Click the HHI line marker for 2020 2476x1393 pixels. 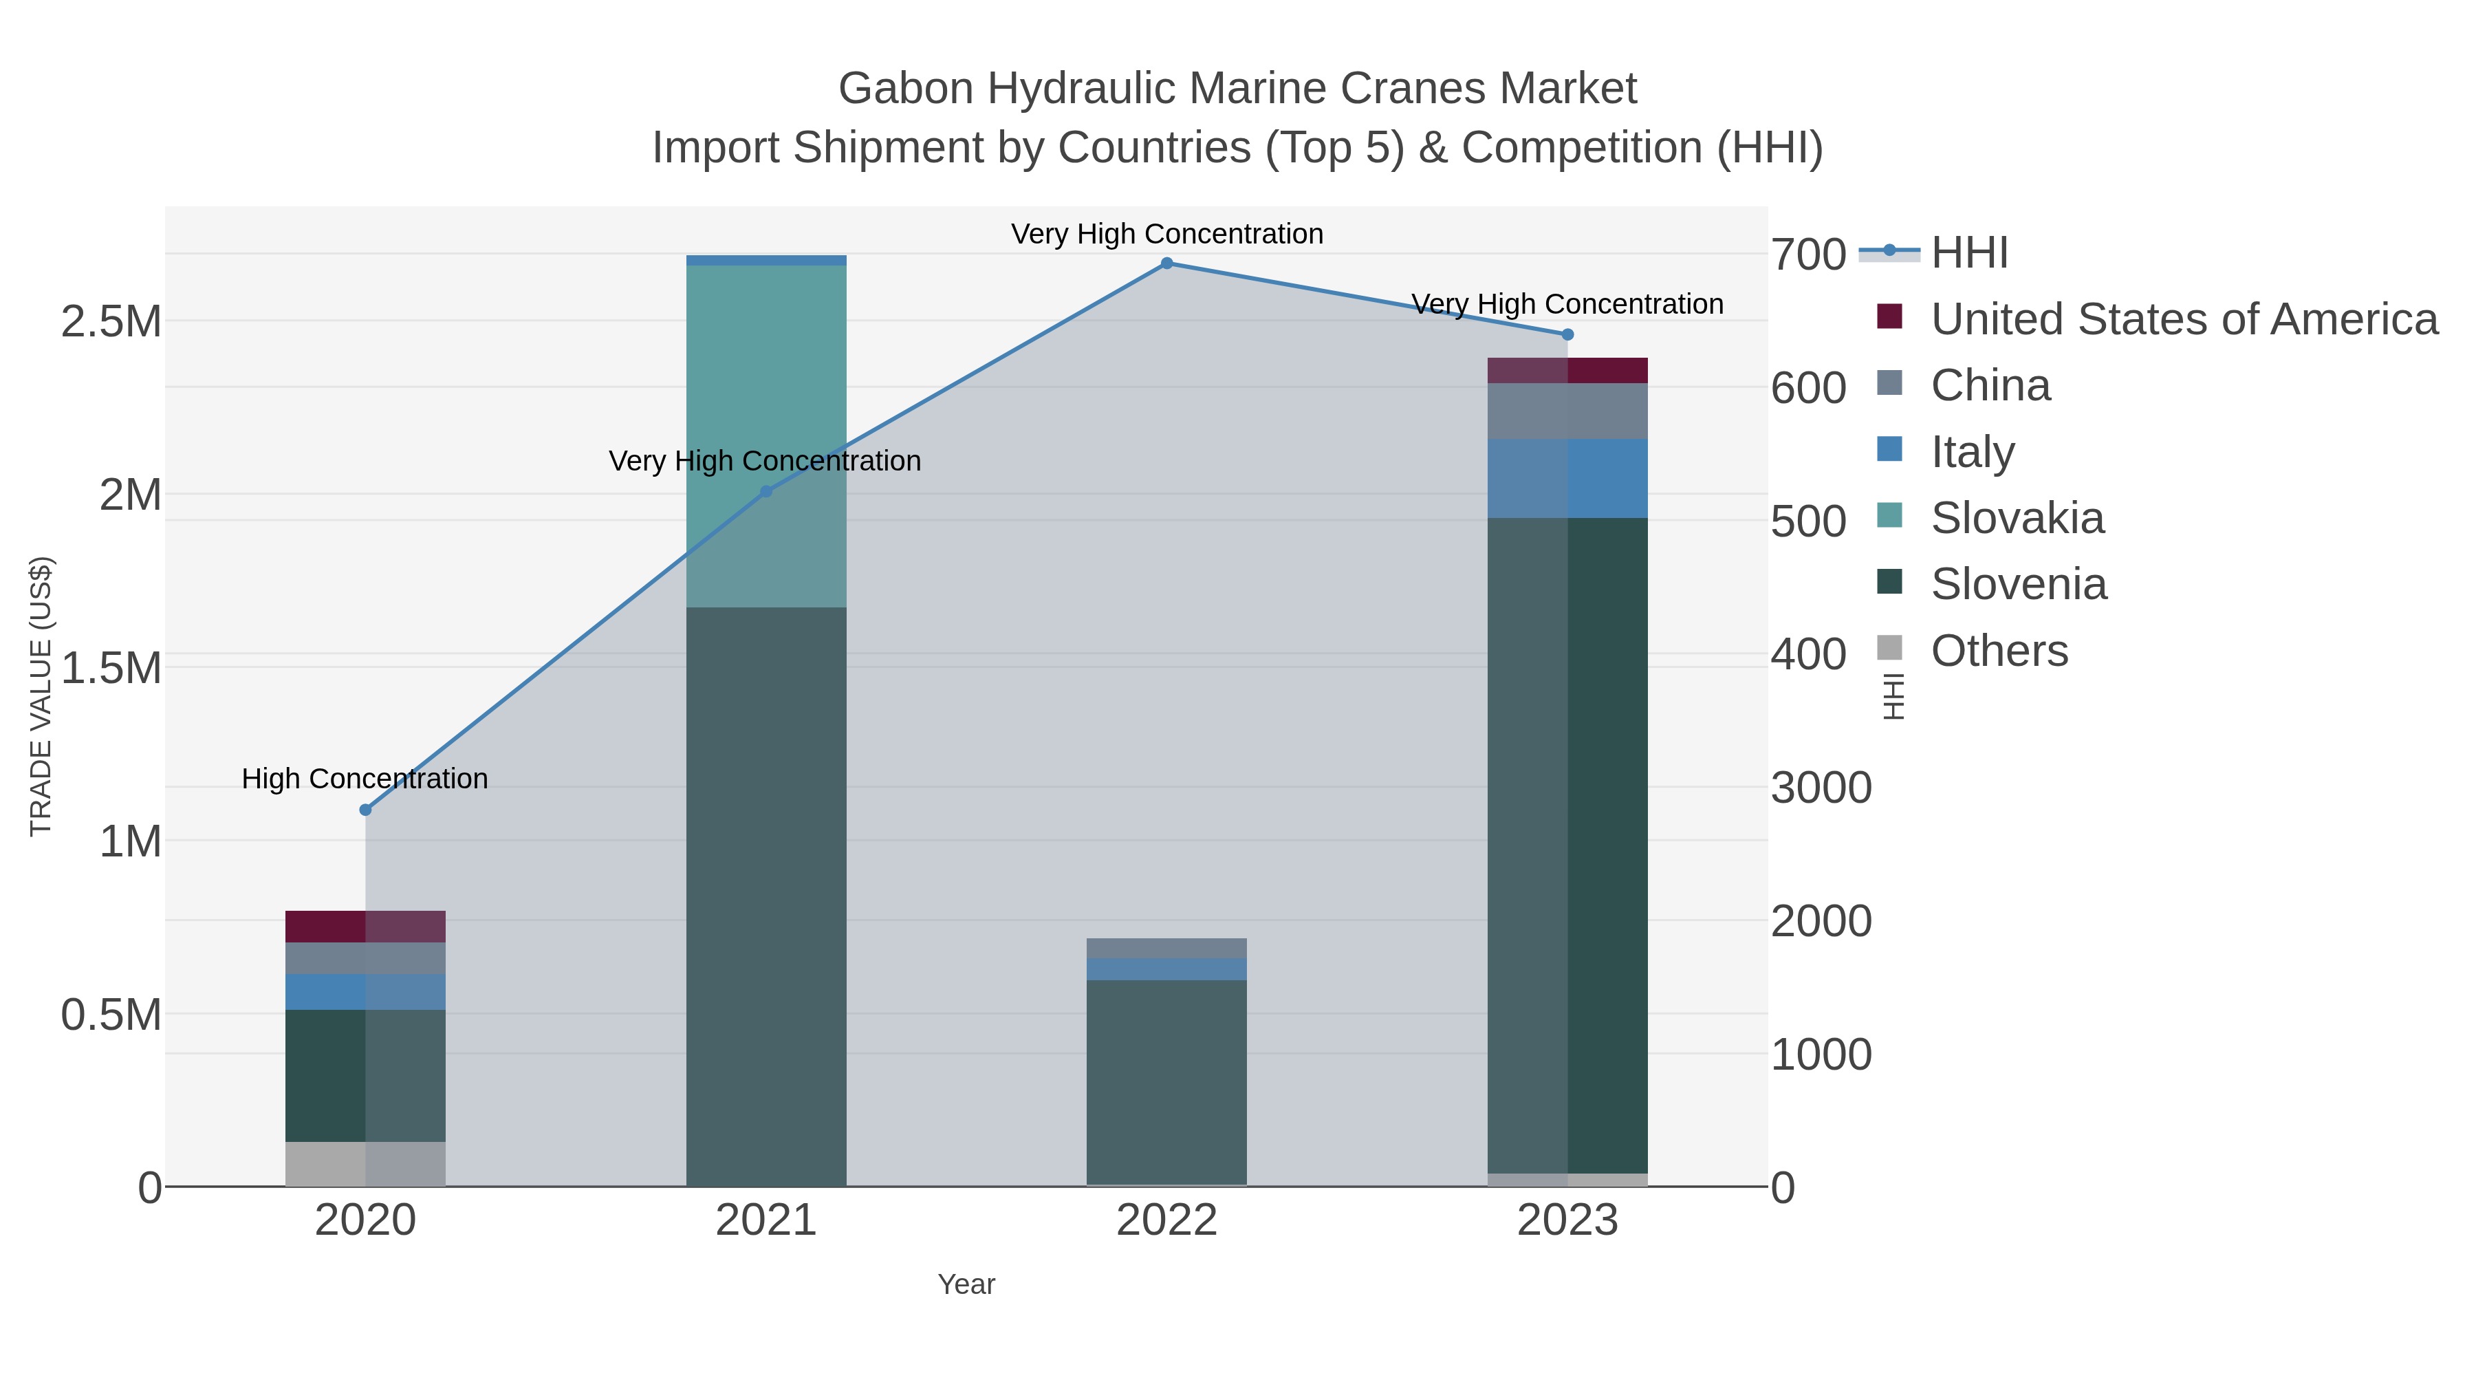(365, 810)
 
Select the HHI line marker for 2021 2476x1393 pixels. (766, 491)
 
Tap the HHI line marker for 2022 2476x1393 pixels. (1167, 263)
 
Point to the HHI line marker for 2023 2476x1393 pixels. (1567, 334)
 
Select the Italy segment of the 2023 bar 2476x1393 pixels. (1567, 478)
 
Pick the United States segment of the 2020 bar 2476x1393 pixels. (365, 926)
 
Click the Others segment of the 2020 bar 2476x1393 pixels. (365, 1163)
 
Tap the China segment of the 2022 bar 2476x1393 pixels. (1167, 948)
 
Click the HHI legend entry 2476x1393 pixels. (1968, 253)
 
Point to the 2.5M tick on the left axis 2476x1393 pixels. (111, 321)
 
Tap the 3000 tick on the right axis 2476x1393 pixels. (1821, 788)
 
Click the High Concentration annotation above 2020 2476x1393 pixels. (365, 779)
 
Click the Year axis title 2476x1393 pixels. (966, 1284)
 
